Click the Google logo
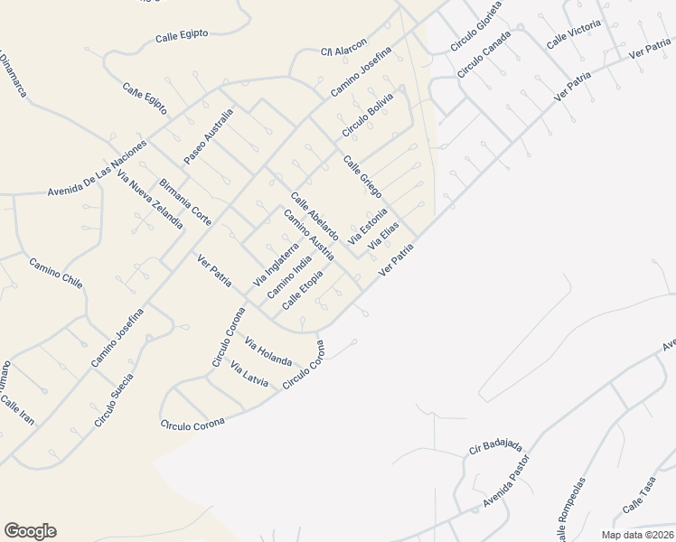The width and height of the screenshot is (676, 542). [x=30, y=531]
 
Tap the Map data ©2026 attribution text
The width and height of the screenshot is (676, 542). [x=636, y=535]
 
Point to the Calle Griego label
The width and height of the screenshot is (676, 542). [x=361, y=177]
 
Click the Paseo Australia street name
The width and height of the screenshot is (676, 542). [x=209, y=136]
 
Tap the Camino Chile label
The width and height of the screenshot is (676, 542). [x=56, y=274]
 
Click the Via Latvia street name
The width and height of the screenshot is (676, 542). [x=249, y=375]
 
